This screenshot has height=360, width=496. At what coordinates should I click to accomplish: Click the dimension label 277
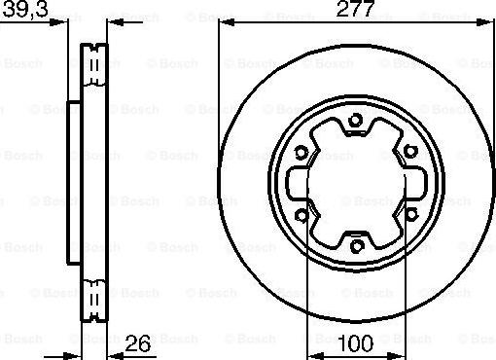tap(355, 9)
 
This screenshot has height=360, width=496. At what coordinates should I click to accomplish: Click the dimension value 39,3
tap(25, 9)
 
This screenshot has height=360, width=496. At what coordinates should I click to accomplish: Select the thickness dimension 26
tap(137, 343)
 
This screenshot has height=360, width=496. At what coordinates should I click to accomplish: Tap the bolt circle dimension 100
tap(356, 343)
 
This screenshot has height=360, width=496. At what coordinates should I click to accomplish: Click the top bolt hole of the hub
tap(355, 121)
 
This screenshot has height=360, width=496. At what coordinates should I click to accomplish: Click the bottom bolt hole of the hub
tap(356, 246)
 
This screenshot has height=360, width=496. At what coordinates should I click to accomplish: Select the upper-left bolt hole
tap(301, 152)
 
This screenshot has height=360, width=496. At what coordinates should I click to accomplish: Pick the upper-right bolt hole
tap(410, 152)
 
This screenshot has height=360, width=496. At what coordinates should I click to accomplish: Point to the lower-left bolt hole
tap(301, 215)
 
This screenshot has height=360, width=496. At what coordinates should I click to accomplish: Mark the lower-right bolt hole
tap(411, 214)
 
